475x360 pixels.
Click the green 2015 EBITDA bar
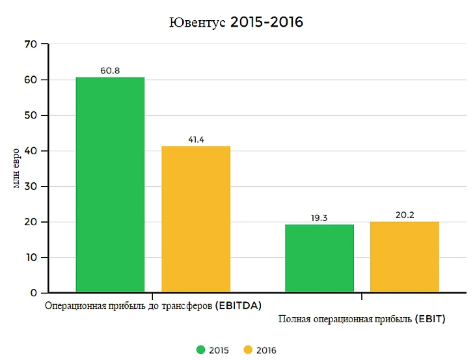click(x=110, y=185)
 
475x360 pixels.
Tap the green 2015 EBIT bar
click(x=319, y=258)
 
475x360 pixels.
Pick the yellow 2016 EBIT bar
click(x=405, y=256)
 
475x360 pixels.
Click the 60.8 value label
click(x=110, y=70)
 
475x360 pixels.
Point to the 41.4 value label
click(x=196, y=139)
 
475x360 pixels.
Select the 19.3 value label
click(x=319, y=218)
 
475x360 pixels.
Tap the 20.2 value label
click(x=405, y=215)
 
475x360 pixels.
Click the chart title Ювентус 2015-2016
click(x=236, y=22)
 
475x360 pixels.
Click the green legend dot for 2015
click(x=201, y=350)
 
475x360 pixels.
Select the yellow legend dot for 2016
click(x=247, y=350)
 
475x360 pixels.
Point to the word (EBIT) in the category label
click(x=430, y=319)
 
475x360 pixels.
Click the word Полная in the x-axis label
click(x=294, y=319)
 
